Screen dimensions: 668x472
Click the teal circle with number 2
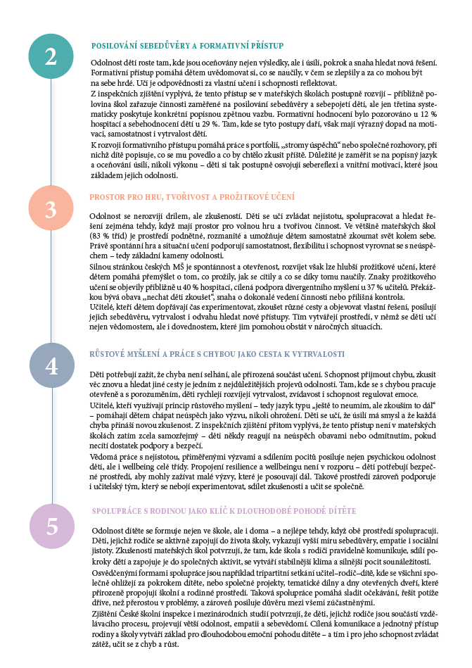coord(51,56)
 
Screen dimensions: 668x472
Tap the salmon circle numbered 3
coord(51,209)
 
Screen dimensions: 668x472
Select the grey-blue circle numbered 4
coord(51,365)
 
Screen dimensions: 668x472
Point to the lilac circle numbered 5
coord(51,524)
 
